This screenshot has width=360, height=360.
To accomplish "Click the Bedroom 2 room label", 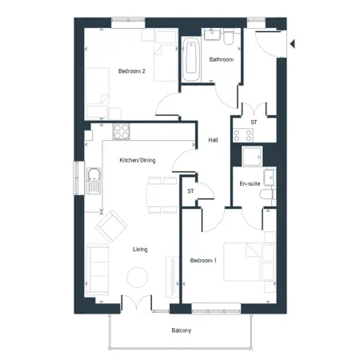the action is click(x=132, y=71).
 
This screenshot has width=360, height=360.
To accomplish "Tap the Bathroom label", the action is click(x=222, y=59).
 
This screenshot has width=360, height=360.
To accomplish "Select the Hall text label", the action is click(x=213, y=140).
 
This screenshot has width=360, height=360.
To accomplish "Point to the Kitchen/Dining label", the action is click(x=138, y=160).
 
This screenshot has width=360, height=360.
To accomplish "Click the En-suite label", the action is click(x=250, y=183).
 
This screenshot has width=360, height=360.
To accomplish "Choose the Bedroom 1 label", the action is click(x=203, y=260).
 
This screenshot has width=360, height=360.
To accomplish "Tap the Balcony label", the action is click(x=182, y=330).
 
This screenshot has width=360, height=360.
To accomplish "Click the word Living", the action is click(x=140, y=250).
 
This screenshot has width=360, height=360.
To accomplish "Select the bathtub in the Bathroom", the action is click(x=191, y=59).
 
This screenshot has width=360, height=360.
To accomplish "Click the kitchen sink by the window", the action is click(x=94, y=181).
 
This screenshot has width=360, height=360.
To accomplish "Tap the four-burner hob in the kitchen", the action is click(x=121, y=132).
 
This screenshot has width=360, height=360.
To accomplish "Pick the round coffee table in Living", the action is click(x=137, y=278).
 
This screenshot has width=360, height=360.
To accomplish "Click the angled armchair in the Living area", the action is click(x=111, y=226).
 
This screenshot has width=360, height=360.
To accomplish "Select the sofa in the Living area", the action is click(x=97, y=269).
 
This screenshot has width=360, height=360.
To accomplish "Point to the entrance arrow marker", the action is click(x=292, y=44).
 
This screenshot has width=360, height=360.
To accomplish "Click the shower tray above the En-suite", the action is click(x=252, y=156).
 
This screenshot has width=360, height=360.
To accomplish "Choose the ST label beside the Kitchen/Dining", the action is click(x=190, y=191).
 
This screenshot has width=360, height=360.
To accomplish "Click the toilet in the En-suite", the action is click(x=268, y=194).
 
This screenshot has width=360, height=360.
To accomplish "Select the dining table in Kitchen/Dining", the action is click(x=163, y=195).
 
